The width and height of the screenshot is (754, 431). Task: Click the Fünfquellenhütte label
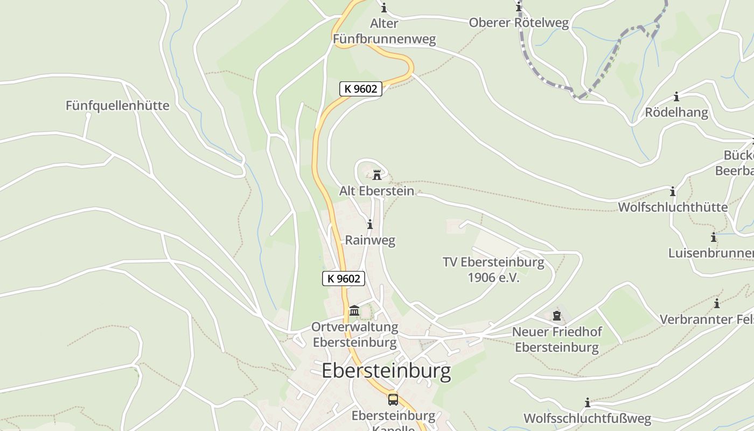coord(117,106)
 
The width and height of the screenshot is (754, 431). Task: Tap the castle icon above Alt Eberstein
coord(377,175)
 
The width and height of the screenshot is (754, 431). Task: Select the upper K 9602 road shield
coord(360,89)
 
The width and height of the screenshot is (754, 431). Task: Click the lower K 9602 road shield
coord(344,279)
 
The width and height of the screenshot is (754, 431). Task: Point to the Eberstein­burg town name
coord(386,371)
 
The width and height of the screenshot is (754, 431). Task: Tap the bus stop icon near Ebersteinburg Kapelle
coord(393,399)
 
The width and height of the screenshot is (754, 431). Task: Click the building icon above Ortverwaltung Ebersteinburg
coord(354,311)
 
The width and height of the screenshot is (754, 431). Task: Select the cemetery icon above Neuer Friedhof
coord(557,316)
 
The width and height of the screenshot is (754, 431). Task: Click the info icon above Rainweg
coord(369,225)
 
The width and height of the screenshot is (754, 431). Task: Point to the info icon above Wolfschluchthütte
coord(672,192)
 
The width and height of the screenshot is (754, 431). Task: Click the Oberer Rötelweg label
coord(519,23)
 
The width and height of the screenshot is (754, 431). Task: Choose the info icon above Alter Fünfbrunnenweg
coord(384,8)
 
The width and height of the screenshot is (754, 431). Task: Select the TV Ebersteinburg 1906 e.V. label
coord(493,270)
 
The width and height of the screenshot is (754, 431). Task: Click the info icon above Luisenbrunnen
coord(713,237)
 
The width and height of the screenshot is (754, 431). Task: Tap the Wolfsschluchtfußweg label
coord(587,419)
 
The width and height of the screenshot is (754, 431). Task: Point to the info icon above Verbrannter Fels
coord(717,304)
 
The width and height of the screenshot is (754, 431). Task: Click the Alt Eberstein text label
coord(376,191)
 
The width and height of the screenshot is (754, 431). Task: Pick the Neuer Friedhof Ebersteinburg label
coord(557,339)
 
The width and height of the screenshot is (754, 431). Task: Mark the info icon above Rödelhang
coord(676,98)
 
